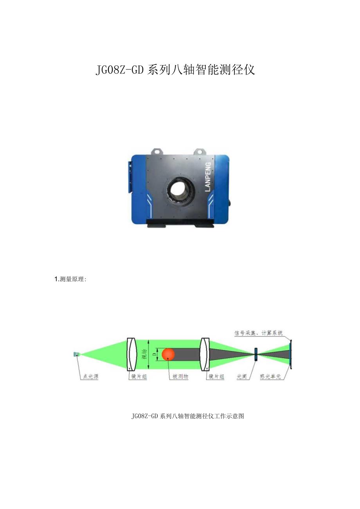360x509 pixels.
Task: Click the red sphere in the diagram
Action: tap(168, 354)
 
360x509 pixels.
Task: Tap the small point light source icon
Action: tap(76, 354)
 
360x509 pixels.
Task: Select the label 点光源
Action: tap(90, 377)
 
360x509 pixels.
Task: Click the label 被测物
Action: tap(180, 377)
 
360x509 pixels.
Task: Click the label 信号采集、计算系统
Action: tap(258, 333)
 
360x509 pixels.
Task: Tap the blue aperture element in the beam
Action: tap(256, 354)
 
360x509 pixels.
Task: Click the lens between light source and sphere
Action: tap(133, 354)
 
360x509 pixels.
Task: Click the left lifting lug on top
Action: tap(158, 151)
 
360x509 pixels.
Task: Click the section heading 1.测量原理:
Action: tap(71, 279)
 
